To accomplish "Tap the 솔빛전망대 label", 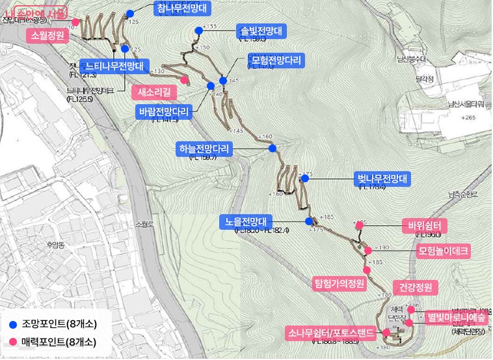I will tap(261, 31).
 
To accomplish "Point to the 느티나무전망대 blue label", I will tap(114, 66).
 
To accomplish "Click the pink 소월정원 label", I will tap(46, 35).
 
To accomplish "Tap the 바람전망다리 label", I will tap(163, 111).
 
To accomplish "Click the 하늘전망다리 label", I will tap(206, 149).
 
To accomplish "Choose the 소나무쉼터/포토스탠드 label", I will tap(330, 334).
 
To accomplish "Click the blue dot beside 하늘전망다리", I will tap(273, 148).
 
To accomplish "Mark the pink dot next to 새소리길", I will tap(185, 80).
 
